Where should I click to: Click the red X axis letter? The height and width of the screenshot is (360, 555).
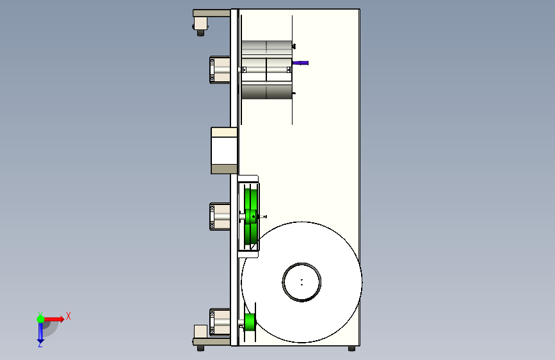click(x=68, y=316)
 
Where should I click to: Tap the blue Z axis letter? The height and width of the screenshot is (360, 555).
click(x=40, y=344)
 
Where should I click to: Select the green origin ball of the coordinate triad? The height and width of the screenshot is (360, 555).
click(x=41, y=319)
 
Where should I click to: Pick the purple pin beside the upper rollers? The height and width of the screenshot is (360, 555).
click(x=300, y=63)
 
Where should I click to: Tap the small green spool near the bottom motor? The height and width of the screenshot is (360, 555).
click(x=250, y=322)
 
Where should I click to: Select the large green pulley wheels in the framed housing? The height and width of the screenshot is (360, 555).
click(x=250, y=216)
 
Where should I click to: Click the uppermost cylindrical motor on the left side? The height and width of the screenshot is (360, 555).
click(x=220, y=70)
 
